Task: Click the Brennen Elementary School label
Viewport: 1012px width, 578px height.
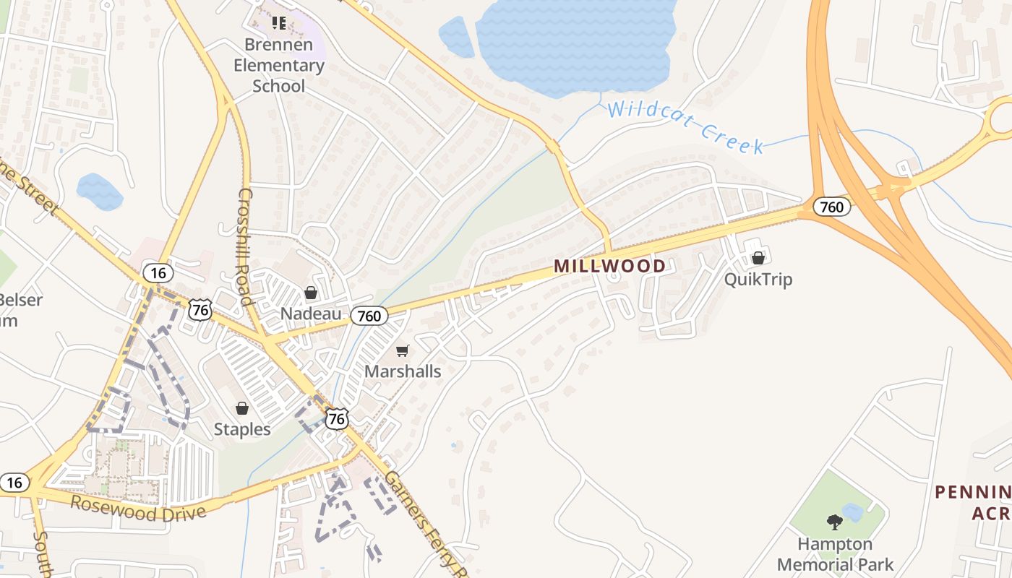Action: point(284,65)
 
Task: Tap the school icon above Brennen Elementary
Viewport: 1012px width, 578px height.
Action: point(279,23)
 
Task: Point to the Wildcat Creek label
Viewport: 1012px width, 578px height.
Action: point(685,127)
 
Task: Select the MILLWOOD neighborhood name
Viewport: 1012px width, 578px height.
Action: point(609,266)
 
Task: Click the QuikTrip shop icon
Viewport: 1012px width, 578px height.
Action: point(758,258)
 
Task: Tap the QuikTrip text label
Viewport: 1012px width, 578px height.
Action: point(758,279)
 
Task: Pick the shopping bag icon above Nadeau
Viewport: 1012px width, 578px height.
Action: point(311,293)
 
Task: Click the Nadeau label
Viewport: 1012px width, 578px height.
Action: point(311,314)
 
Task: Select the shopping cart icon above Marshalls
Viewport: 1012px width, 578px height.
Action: point(403,351)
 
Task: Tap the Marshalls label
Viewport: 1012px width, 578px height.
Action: point(403,371)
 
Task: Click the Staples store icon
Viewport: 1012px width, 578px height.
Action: point(242,409)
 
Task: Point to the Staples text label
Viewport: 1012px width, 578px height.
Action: point(242,429)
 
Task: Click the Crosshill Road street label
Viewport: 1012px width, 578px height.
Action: point(245,246)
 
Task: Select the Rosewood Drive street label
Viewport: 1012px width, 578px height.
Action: point(138,509)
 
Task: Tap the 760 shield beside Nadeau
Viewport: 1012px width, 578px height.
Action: point(369,316)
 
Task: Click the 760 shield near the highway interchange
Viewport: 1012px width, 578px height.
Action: point(832,207)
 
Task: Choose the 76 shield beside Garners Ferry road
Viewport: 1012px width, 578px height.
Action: point(337,418)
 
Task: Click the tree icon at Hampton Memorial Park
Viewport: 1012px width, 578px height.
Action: point(835,522)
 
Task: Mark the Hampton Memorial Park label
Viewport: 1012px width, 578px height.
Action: point(835,553)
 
